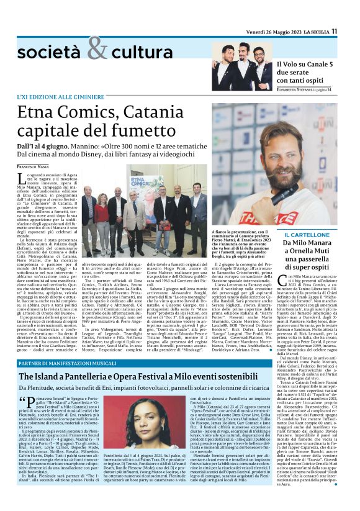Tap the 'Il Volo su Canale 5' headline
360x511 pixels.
(x=306, y=64)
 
